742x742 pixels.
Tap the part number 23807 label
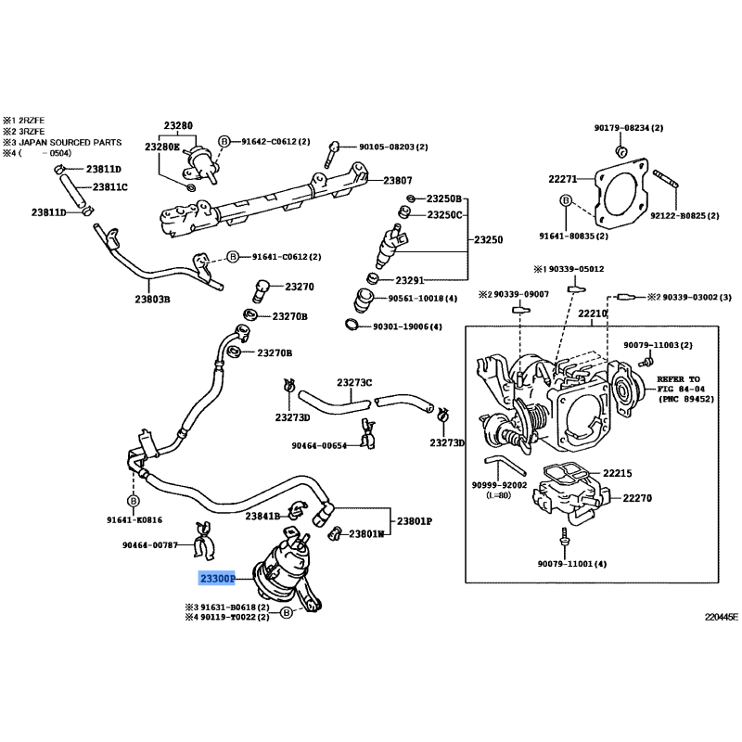398,180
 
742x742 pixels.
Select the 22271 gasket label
562,179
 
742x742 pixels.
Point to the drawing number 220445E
721,615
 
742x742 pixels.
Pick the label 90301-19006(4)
407,326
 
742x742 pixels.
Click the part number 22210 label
592,314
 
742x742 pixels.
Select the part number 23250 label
488,240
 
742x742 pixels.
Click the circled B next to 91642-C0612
224,141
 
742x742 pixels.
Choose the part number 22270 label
637,498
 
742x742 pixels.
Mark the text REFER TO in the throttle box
676,380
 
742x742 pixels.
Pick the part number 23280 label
179,126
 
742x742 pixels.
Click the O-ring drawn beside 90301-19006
352,324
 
